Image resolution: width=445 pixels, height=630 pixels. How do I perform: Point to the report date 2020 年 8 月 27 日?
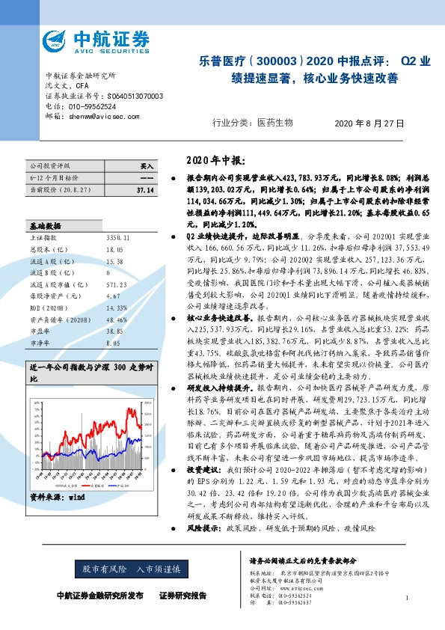369,123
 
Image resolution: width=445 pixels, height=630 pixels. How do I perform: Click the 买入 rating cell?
147,166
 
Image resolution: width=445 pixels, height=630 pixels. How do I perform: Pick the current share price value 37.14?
145,192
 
